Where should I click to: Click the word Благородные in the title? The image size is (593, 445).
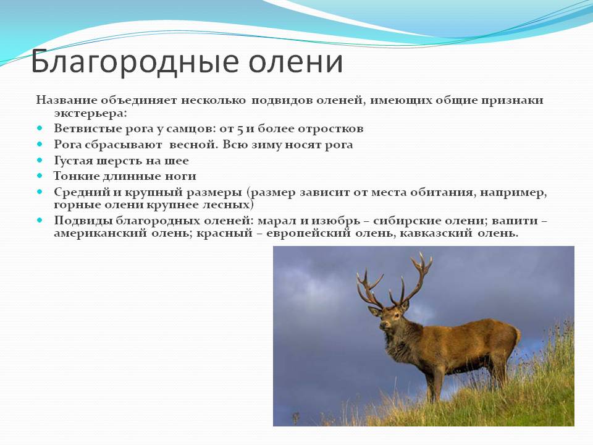click(135, 62)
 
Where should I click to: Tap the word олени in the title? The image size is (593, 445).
click(296, 61)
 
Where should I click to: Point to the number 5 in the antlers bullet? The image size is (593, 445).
click(240, 129)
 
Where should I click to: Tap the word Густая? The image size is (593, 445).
click(74, 161)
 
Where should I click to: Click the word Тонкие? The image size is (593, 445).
click(75, 176)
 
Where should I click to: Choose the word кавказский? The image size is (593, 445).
click(435, 233)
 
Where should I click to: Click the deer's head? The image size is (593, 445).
click(389, 316)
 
